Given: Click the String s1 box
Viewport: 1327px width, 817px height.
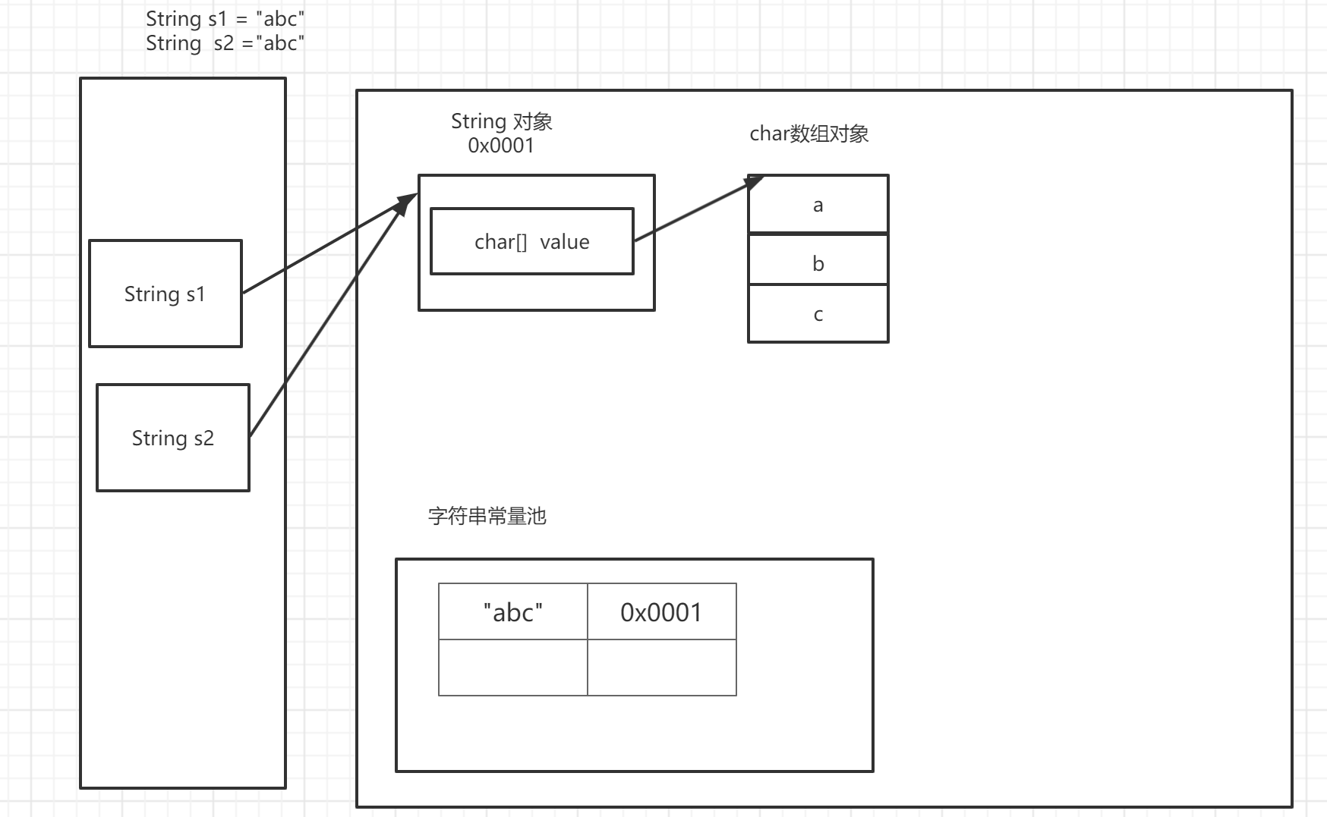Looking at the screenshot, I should [x=165, y=294].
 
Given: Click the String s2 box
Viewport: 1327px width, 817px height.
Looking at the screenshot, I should [x=173, y=438].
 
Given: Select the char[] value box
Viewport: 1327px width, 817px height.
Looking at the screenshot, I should [x=531, y=241].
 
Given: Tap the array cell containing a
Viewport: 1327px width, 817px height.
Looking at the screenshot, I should [x=818, y=204].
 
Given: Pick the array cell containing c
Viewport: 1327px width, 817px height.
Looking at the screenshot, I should [x=818, y=314].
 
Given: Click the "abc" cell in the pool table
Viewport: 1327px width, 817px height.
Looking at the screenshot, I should [x=513, y=611].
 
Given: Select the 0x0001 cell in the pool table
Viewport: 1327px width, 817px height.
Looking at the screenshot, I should [x=661, y=611].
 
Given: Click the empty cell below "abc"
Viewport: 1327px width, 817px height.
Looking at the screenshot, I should [x=513, y=668].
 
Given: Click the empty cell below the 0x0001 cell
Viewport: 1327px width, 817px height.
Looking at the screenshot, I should [x=661, y=668].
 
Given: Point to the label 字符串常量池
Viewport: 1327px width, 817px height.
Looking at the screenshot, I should [x=487, y=517].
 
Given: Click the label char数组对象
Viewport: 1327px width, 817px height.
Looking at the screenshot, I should [x=808, y=134].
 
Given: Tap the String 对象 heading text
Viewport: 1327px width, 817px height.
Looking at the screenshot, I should [x=501, y=121].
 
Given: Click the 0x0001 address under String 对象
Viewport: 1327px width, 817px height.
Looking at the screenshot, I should [x=501, y=146].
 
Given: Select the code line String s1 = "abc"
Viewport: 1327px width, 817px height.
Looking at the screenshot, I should [x=225, y=18].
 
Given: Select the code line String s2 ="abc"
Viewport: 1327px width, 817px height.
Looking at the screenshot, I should [x=225, y=43].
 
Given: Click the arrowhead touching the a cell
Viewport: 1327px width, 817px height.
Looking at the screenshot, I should [x=754, y=181].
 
